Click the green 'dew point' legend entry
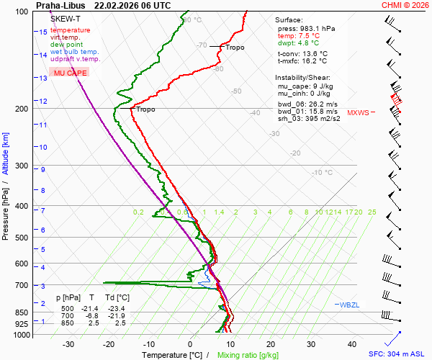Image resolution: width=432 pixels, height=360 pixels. [x=66, y=45]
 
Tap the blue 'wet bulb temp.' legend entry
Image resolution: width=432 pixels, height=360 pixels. [x=75, y=52]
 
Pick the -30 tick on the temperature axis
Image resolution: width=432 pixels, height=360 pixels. [x=68, y=344]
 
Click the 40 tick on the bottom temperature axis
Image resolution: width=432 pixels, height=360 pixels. [x=352, y=344]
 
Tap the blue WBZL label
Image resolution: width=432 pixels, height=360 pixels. [x=350, y=305]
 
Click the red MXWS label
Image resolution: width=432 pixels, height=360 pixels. [x=358, y=113]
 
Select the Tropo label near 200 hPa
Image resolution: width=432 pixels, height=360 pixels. [x=145, y=109]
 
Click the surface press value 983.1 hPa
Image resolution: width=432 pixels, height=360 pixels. [x=316, y=28]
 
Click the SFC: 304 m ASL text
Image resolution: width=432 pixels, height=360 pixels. [x=397, y=354]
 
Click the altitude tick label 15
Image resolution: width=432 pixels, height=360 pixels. [x=42, y=32]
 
